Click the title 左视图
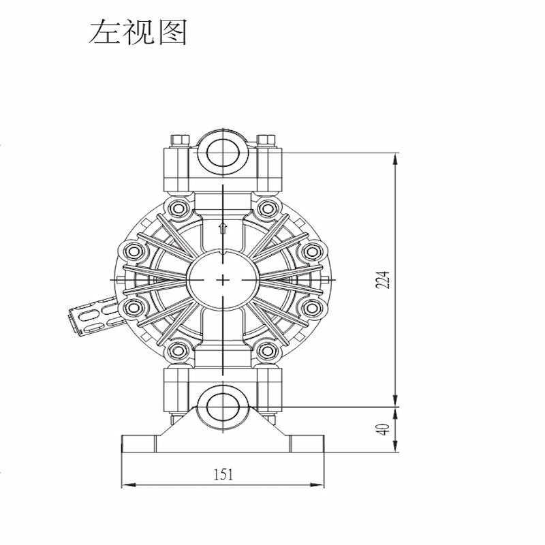pos(138,32)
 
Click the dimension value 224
pos(383,279)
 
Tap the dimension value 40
pos(383,429)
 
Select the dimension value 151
pos(223,474)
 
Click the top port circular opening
pos(223,152)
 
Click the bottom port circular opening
pos(223,407)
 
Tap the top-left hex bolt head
pos(181,140)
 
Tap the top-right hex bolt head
pos(266,140)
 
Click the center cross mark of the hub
pos(223,279)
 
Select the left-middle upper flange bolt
pos(133,251)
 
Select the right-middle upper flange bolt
pos(312,251)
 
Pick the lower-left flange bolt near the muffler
pos(133,307)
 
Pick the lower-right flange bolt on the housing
pos(312,307)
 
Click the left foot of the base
pos(139,443)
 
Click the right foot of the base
pos(307,443)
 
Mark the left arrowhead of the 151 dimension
pos(129,484)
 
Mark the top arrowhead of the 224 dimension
pos(395,161)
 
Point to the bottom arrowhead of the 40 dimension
pos(395,446)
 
